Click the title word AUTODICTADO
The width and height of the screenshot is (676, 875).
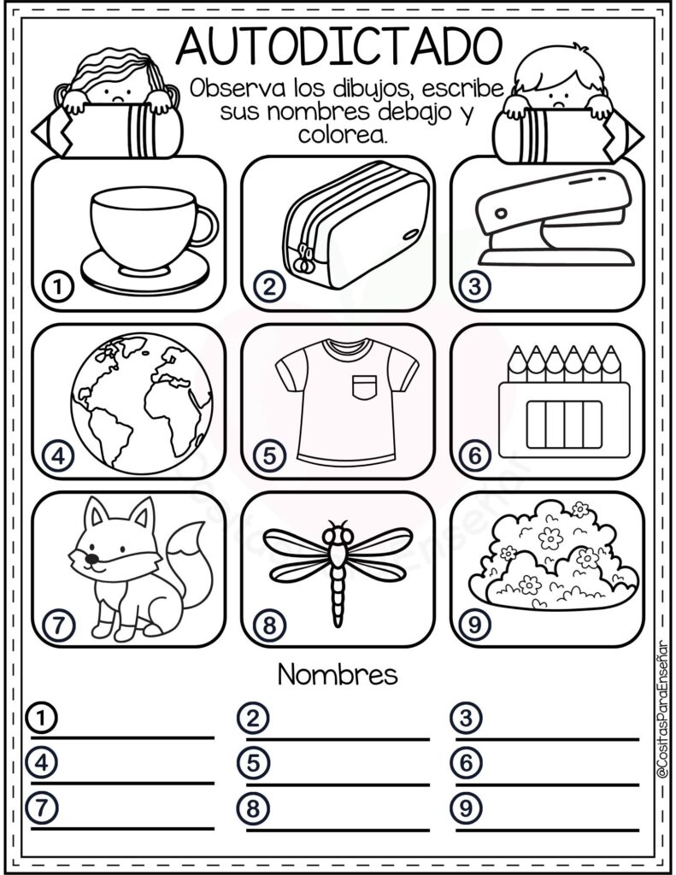(339, 46)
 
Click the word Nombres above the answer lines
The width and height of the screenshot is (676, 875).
(338, 675)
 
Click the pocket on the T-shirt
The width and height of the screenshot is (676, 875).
(365, 388)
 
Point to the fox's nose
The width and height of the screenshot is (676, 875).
(92, 558)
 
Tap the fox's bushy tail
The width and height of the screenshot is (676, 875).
(190, 564)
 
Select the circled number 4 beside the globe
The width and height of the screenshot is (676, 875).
(58, 456)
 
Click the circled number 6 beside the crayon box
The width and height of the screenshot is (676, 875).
(474, 456)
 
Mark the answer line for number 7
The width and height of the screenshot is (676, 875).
(122, 829)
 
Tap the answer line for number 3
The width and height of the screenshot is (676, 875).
(547, 739)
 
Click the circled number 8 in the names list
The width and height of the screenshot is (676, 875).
(253, 808)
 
